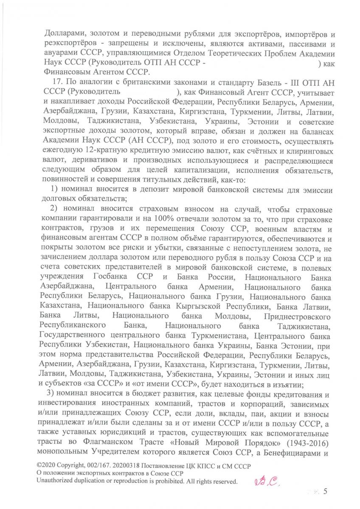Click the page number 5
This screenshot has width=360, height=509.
coord(326,492)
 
